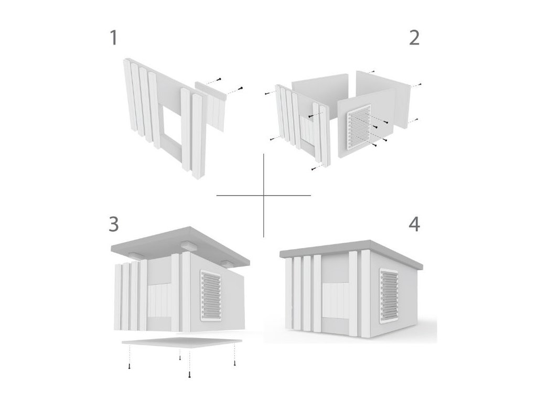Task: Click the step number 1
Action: (x=113, y=38)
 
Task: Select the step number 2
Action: (x=414, y=38)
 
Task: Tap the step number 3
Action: (x=113, y=224)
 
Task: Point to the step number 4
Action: (x=414, y=224)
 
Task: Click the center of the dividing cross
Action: (x=264, y=196)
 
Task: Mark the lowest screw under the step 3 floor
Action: (x=189, y=375)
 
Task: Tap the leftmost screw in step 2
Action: (x=266, y=94)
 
